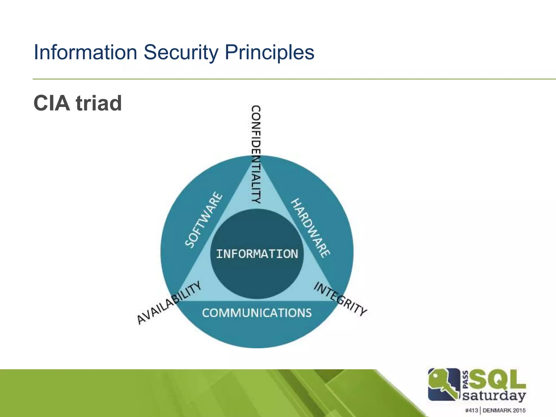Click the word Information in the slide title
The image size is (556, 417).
pyautogui.click(x=85, y=52)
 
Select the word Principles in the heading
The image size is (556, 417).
pyautogui.click(x=269, y=52)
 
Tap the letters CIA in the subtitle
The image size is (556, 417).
pyautogui.click(x=52, y=103)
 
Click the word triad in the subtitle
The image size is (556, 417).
pyautogui.click(x=99, y=103)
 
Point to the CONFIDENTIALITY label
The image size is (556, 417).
pyautogui.click(x=256, y=154)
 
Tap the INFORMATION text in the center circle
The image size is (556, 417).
pyautogui.click(x=257, y=254)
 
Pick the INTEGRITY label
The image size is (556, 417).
pyautogui.click(x=340, y=299)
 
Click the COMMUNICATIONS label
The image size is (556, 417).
pyautogui.click(x=257, y=313)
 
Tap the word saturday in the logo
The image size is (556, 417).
pyautogui.click(x=494, y=396)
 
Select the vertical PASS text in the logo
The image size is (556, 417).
pyautogui.click(x=465, y=380)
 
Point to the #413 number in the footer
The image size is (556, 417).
pyautogui.click(x=472, y=410)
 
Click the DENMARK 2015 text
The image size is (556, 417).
pyautogui.click(x=504, y=410)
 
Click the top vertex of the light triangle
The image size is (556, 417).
pyautogui.click(x=256, y=157)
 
